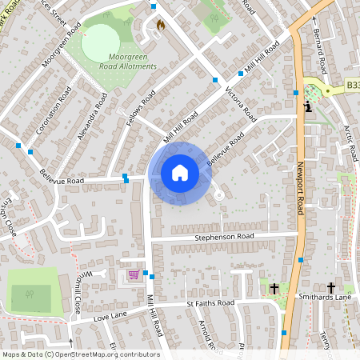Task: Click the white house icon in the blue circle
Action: click(x=180, y=172)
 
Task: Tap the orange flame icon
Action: click(x=160, y=26)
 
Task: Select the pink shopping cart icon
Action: click(x=134, y=274)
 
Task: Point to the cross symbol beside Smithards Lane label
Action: click(x=330, y=287)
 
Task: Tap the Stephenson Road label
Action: click(x=224, y=237)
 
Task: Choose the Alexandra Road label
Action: click(x=89, y=119)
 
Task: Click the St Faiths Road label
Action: click(x=210, y=304)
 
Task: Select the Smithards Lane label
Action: click(x=332, y=297)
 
